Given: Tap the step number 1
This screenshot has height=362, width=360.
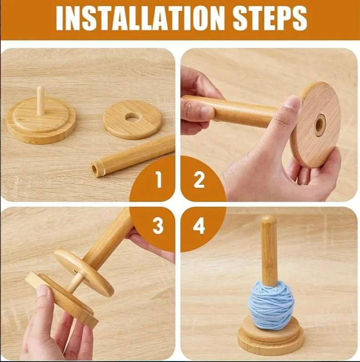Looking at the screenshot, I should point(158,181).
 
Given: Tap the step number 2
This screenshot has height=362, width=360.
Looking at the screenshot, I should point(199,181).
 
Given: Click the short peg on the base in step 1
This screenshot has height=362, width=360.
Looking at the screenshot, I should point(41,101).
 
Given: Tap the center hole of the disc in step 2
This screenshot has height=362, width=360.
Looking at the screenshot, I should point(320,125).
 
